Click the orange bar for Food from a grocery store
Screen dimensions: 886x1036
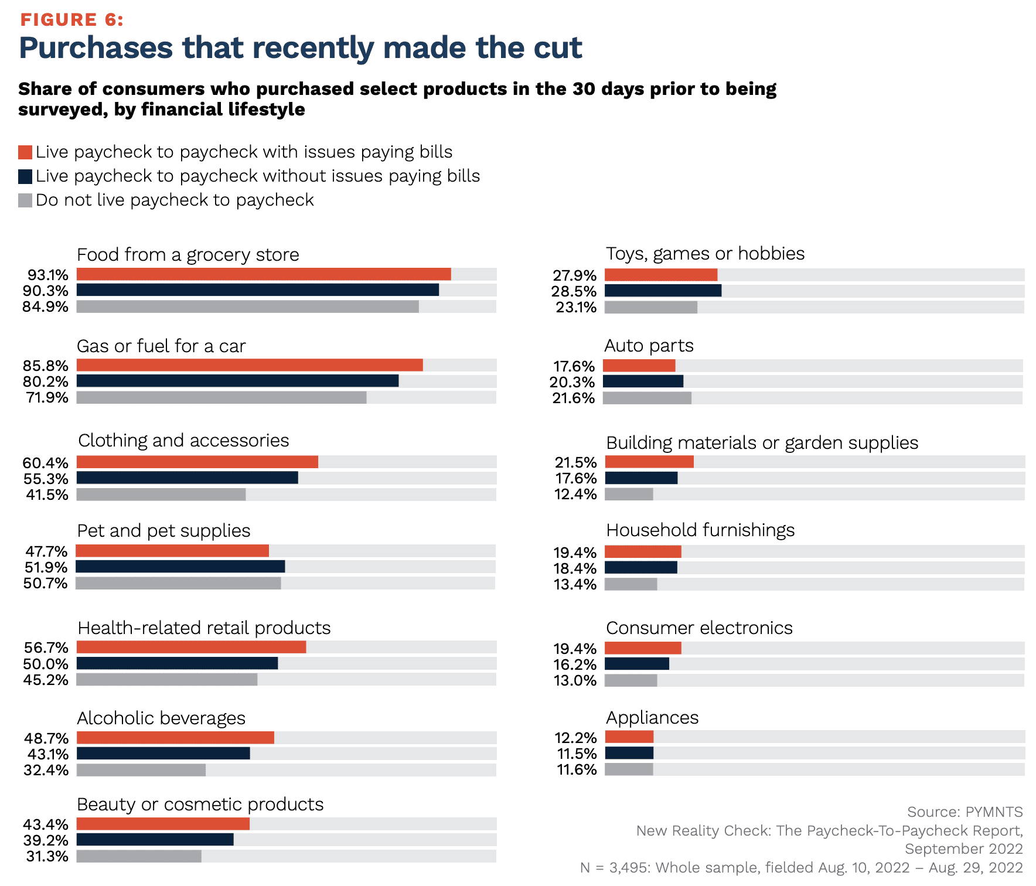(x=264, y=274)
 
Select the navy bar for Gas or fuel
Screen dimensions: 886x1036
(x=237, y=381)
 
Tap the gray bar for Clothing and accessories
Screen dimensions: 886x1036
(x=161, y=495)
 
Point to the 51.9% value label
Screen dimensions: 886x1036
(x=46, y=567)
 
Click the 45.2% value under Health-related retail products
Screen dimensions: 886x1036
(x=46, y=680)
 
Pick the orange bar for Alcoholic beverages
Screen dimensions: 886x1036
(x=175, y=738)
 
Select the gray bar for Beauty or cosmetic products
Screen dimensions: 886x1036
(x=139, y=856)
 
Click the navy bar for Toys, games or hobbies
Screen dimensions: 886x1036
(x=663, y=291)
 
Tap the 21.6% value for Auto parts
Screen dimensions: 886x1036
(x=573, y=398)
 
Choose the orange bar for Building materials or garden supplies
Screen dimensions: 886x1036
(x=649, y=462)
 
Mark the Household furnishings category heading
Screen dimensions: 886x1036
(x=700, y=530)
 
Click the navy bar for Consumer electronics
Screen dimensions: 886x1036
(x=637, y=664)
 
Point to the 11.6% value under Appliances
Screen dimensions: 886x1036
(x=577, y=769)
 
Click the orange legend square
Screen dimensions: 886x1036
(x=25, y=152)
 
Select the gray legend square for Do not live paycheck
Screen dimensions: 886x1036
(x=25, y=200)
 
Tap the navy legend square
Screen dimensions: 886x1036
(x=25, y=176)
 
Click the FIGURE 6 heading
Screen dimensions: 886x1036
(x=71, y=20)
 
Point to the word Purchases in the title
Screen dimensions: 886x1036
(x=96, y=48)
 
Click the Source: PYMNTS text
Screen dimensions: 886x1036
(x=965, y=812)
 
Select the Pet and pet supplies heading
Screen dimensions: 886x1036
(x=163, y=531)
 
